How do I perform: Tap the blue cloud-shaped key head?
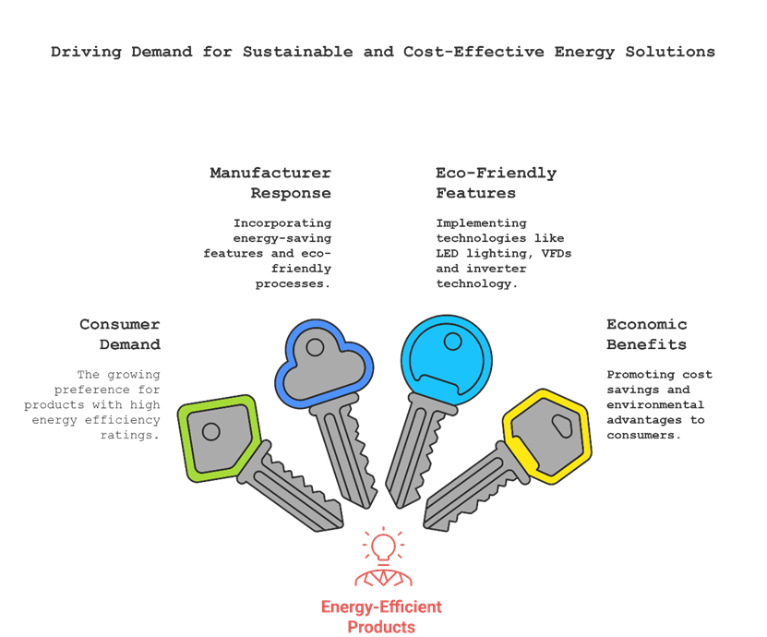[x=325, y=364]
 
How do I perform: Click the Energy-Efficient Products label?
[x=381, y=617]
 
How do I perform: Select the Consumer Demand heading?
[x=120, y=334]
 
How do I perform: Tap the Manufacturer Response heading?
[x=270, y=183]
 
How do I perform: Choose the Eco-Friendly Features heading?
[x=495, y=183]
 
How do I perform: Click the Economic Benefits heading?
[x=646, y=334]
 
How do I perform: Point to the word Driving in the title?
[x=83, y=52]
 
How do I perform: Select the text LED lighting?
[x=472, y=253]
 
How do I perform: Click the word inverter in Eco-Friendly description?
[x=495, y=269]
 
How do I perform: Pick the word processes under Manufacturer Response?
[x=293, y=283]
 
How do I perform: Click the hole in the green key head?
[x=211, y=431]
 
